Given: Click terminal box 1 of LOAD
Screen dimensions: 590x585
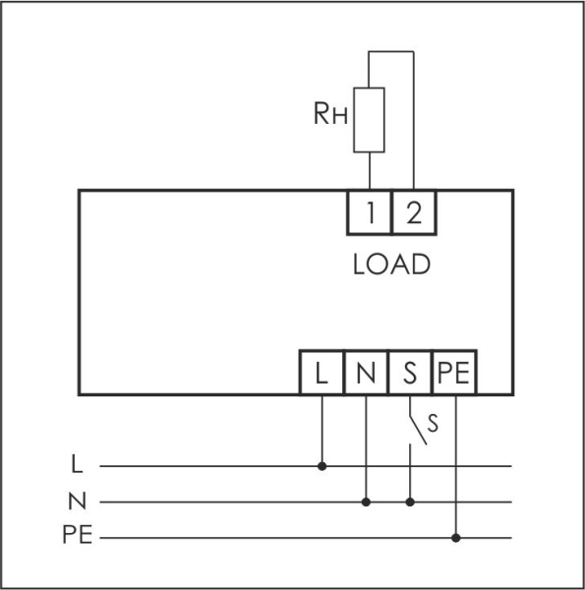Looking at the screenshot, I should pos(369,212).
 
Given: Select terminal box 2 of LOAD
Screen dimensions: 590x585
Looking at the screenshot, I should pos(413,212).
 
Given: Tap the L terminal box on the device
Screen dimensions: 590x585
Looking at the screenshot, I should pos(322,373).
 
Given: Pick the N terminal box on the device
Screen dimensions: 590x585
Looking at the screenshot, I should pos(366,373).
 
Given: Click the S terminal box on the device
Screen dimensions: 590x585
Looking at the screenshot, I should pos(410,373).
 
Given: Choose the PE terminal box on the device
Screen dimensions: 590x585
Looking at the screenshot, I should pos(454,373).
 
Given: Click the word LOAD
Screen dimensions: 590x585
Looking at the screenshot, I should pos(391,265).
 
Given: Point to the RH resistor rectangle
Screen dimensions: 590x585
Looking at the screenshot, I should pos(369,120).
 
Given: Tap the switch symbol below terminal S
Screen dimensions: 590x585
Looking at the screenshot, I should pos(417,431).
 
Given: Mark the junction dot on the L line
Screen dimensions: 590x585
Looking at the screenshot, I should pos(322,466).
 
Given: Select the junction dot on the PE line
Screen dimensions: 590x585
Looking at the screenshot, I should pos(455,538).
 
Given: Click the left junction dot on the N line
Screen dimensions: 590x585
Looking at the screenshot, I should pos(366,501).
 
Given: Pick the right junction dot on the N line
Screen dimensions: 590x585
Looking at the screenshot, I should pos(410,501).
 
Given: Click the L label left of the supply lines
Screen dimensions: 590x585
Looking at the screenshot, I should pos(78,462).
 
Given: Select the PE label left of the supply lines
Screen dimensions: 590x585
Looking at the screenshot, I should pos(78,538).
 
